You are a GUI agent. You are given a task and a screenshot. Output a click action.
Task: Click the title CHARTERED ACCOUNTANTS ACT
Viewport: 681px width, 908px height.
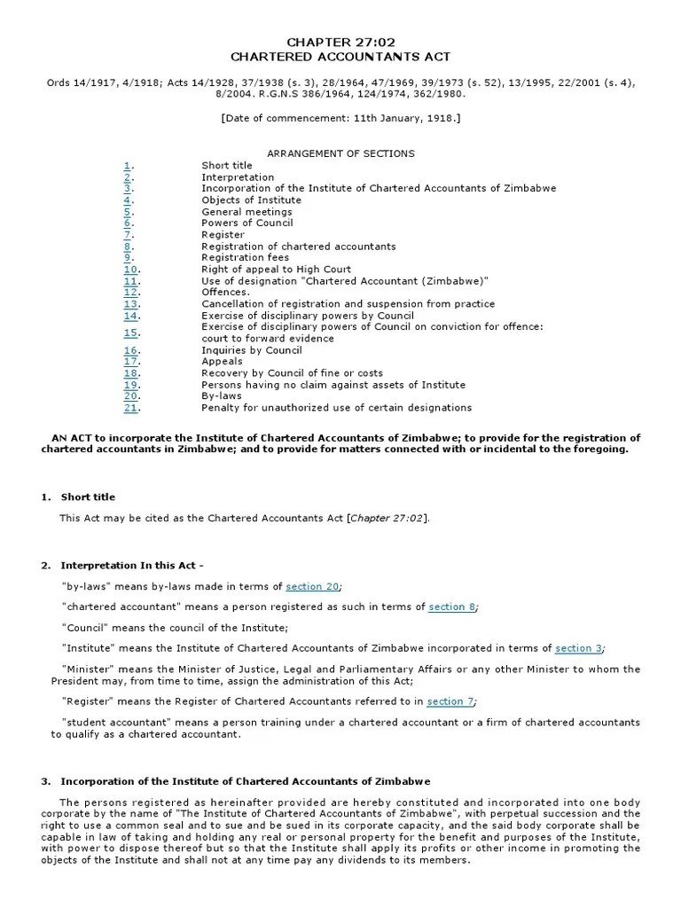(340, 56)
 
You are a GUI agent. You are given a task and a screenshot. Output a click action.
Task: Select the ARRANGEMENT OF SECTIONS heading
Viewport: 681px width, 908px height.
(340, 153)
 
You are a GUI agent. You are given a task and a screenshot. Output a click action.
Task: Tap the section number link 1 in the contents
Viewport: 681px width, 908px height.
(128, 165)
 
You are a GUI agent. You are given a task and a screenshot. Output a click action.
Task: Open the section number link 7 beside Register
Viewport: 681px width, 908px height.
(128, 235)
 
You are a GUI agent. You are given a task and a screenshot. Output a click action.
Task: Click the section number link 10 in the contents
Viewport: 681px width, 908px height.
(130, 270)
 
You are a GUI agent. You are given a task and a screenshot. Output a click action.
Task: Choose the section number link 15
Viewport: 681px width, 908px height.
(130, 333)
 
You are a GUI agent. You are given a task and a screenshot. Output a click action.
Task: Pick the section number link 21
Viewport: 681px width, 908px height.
(130, 408)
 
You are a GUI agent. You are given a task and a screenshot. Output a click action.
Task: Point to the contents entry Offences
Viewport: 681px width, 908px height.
(225, 293)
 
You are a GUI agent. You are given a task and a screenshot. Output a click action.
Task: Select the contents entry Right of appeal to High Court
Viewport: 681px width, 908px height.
(276, 270)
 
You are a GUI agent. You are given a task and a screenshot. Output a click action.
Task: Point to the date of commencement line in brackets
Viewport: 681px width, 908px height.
(340, 118)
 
